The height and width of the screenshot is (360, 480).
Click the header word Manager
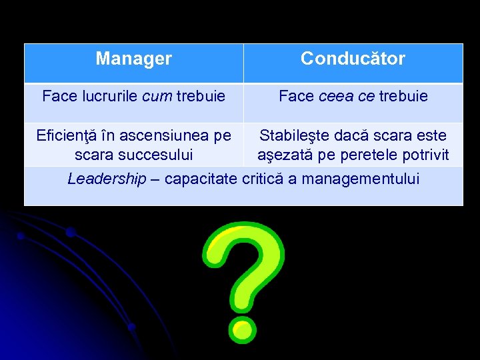pyautogui.click(x=133, y=59)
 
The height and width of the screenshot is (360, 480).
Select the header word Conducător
pyautogui.click(x=353, y=59)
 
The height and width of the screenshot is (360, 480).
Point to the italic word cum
pyautogui.click(x=158, y=97)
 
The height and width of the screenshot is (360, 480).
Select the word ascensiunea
pyautogui.click(x=161, y=136)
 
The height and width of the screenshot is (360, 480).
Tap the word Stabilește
pyautogui.click(x=296, y=136)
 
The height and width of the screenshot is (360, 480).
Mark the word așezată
pyautogui.click(x=282, y=155)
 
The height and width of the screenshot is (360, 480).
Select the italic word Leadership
pyautogui.click(x=106, y=179)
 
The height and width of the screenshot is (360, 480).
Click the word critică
pyautogui.click(x=262, y=179)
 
